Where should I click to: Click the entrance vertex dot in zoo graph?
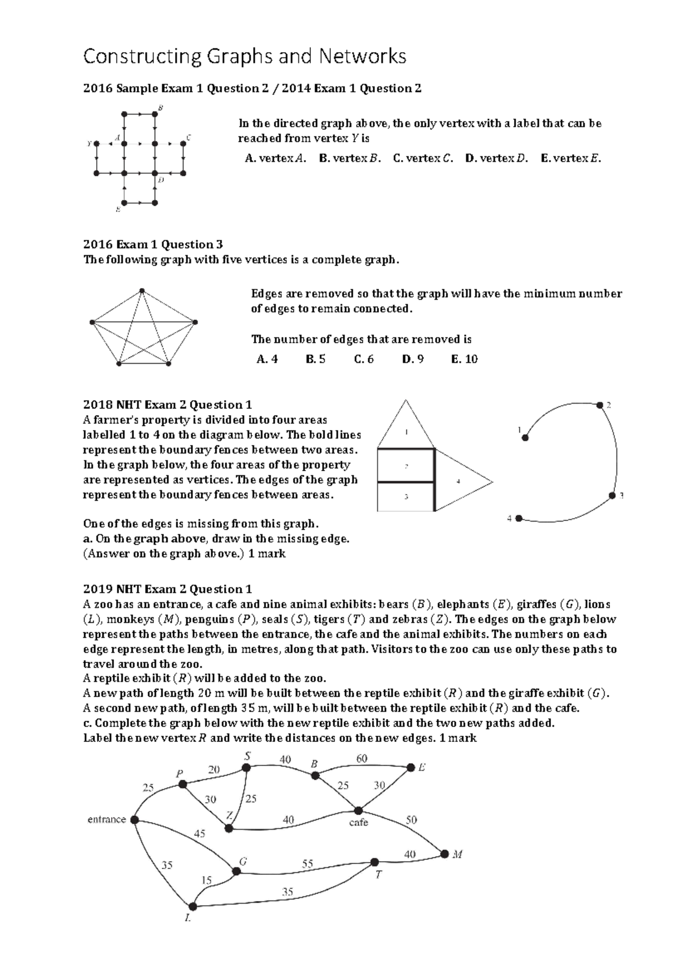(x=135, y=820)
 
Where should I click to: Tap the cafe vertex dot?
(x=358, y=811)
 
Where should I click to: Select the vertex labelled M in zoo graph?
(x=445, y=854)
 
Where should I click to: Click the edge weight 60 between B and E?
(x=362, y=759)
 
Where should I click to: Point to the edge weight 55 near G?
(x=307, y=864)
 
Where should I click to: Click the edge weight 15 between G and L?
(x=206, y=879)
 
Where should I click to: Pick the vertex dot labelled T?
(x=374, y=862)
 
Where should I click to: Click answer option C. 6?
(x=364, y=359)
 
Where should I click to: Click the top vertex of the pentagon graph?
(x=142, y=291)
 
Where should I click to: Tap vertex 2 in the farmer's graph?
(x=599, y=405)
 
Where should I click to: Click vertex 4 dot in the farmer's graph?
(x=519, y=518)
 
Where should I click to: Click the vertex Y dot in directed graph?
(x=97, y=144)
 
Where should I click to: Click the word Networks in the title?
(x=362, y=56)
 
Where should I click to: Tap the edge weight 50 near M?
(x=411, y=820)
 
